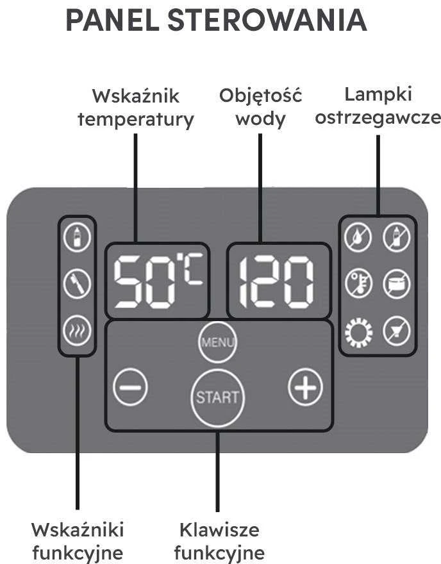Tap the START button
pos(218,397)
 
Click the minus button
pos(130,387)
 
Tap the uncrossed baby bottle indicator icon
pos(77,237)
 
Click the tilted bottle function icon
pos(77,284)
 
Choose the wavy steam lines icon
pos(77,331)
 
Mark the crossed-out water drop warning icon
pos(358,237)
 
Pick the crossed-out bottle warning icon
pos(397,237)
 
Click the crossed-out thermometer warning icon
pos(358,284)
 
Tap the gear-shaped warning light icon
pos(358,331)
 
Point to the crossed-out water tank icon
pos(397,284)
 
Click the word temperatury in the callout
pos(136,120)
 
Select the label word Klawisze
pos(219,530)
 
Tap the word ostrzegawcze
pos(378,119)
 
